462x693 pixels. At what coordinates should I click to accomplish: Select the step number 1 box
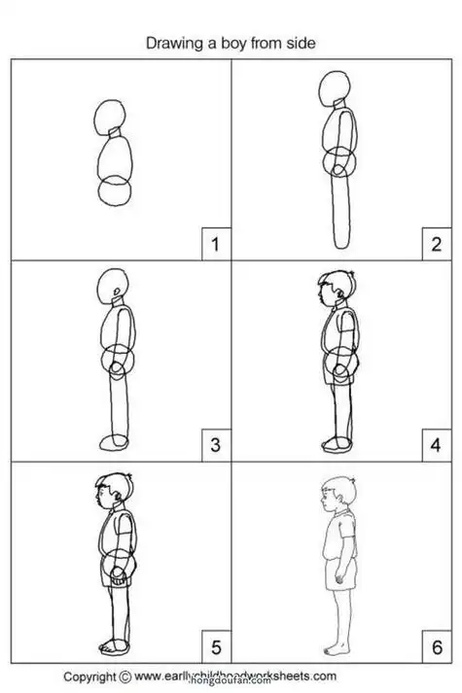click(214, 244)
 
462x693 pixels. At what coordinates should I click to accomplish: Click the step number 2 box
click(436, 244)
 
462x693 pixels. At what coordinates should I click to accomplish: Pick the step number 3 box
click(214, 446)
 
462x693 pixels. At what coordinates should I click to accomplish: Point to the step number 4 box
click(436, 446)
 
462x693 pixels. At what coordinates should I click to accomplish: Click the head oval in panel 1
click(108, 117)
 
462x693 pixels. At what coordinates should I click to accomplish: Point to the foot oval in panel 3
click(114, 443)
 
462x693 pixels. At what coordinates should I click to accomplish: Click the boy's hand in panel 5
click(118, 573)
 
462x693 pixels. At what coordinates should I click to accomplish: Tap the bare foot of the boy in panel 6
click(334, 649)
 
